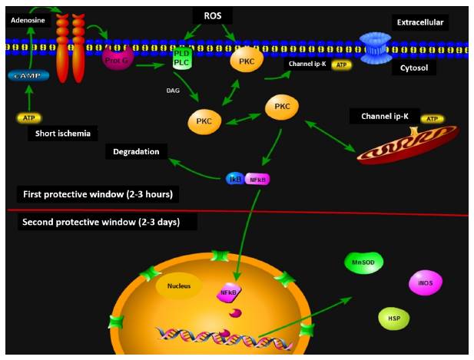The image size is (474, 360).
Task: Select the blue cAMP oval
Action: [28, 75]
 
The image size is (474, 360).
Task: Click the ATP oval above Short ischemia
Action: [28, 118]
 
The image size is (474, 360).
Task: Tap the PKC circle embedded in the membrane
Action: [246, 60]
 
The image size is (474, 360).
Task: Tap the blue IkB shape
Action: [235, 179]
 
